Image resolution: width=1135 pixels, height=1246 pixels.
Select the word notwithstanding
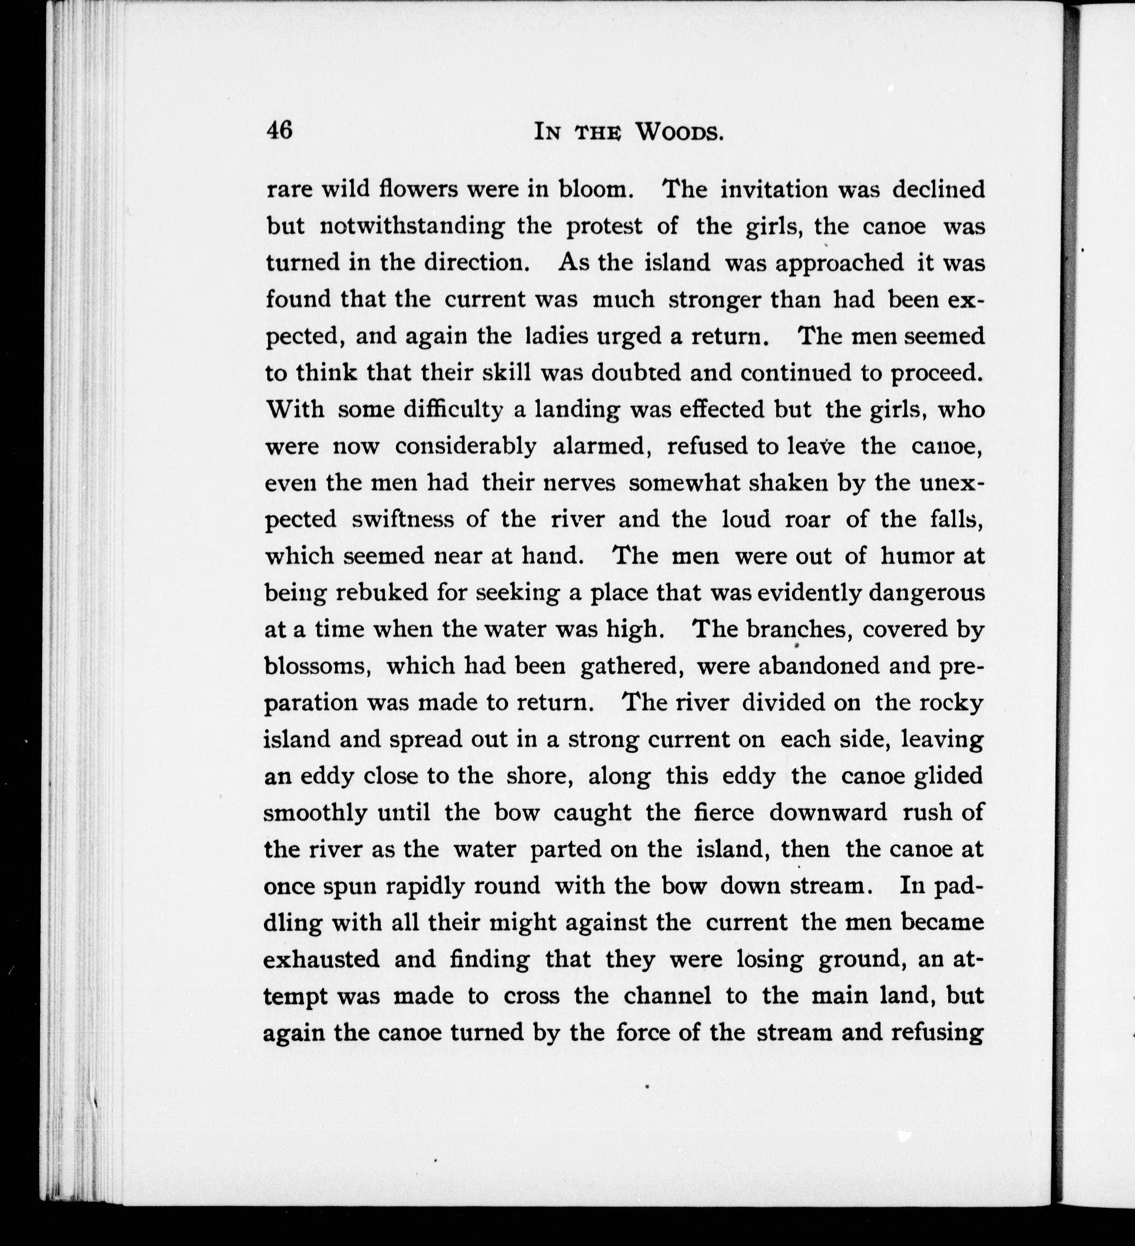click(x=412, y=226)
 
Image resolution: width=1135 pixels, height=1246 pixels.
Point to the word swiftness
click(x=403, y=519)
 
